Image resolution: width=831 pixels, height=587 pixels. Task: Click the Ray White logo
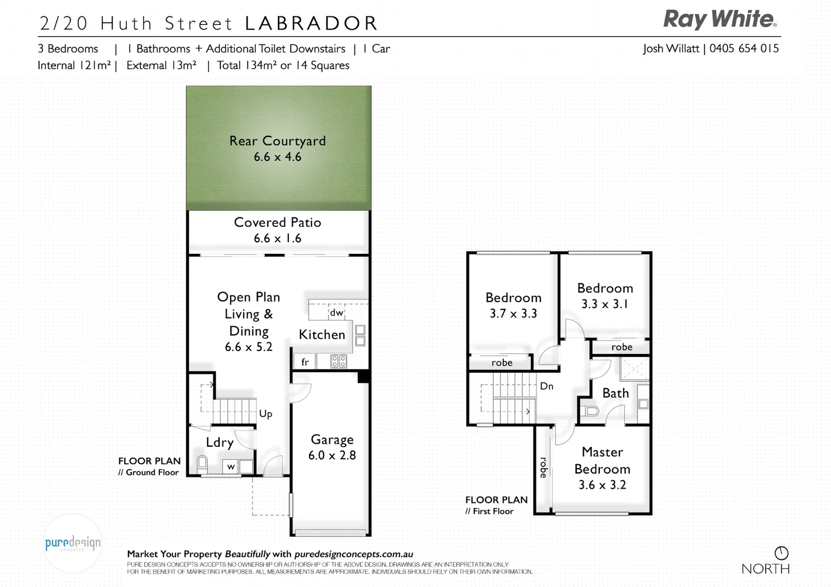720,20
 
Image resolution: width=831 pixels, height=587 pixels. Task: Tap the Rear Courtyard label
277,141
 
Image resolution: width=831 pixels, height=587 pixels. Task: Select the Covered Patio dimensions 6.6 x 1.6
277,238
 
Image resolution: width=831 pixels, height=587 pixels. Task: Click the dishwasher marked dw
337,313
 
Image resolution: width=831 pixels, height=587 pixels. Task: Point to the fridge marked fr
305,362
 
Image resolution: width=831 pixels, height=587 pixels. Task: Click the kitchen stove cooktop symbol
339,361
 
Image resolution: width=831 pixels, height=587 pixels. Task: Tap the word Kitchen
322,334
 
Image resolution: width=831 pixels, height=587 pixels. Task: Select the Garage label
332,439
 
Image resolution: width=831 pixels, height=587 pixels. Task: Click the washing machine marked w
231,466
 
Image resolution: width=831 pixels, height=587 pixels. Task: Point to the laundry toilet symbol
202,463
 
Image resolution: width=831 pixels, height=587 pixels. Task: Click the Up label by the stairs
265,414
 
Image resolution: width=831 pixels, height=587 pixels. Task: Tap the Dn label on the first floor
547,386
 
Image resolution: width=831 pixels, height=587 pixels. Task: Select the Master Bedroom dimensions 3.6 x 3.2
602,485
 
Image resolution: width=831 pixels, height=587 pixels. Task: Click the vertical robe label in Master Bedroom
543,467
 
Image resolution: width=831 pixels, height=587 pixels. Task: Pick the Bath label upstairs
615,393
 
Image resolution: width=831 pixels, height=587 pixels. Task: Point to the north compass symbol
781,553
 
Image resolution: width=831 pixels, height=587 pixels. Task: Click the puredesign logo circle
72,543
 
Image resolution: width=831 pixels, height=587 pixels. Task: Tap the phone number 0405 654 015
744,48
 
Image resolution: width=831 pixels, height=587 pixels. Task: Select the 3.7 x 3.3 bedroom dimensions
513,314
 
